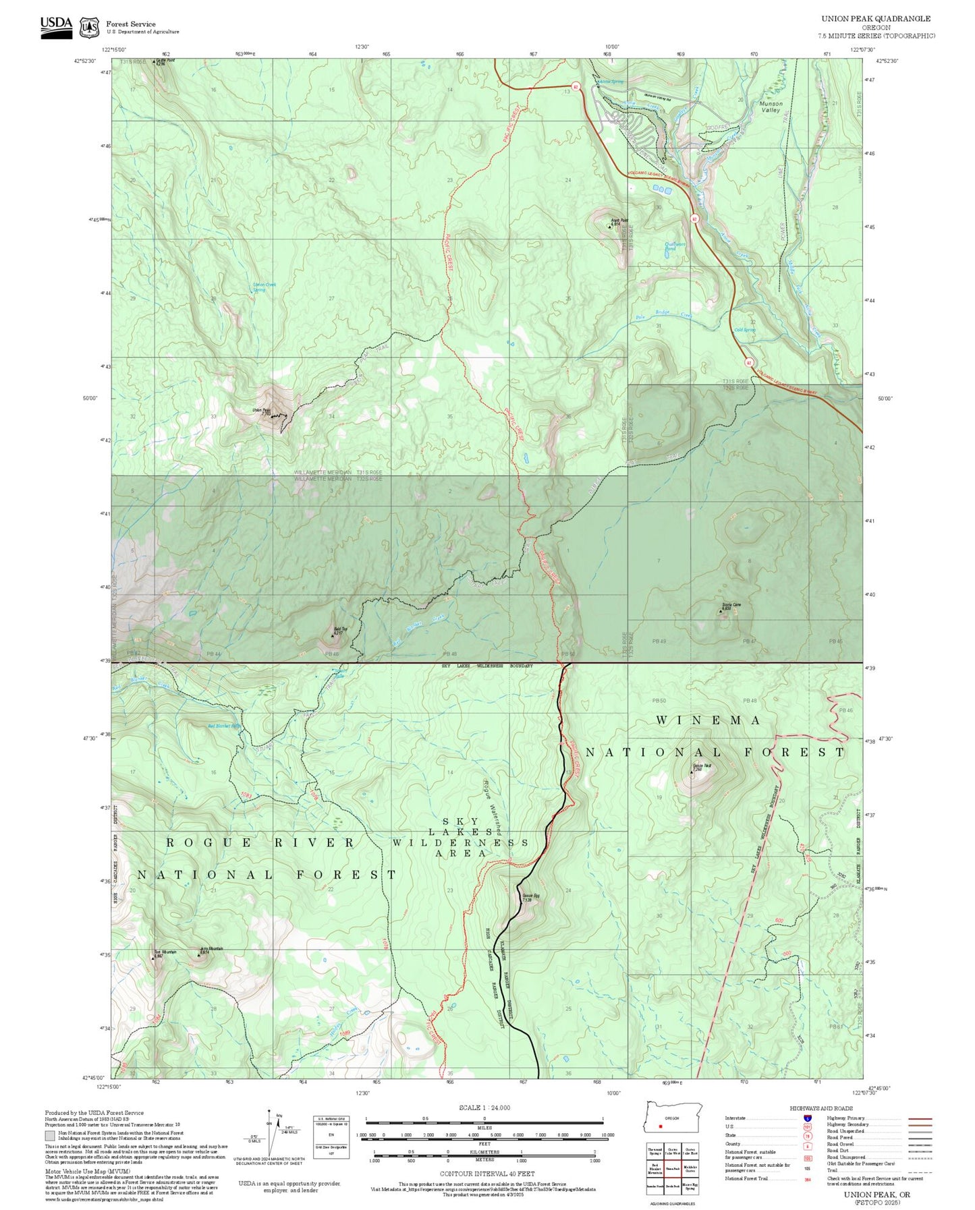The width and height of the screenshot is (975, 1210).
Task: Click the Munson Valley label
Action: click(771, 107)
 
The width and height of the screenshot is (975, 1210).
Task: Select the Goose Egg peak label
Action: click(530, 898)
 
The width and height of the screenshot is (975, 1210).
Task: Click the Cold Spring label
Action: click(744, 330)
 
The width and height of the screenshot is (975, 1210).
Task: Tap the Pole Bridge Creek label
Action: click(664, 314)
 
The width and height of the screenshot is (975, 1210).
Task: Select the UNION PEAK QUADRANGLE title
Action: click(875, 19)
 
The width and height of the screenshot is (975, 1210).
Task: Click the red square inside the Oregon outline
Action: click(661, 1126)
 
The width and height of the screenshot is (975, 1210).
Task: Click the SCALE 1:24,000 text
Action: click(484, 1107)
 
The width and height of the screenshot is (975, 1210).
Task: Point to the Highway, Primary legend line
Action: click(920, 1118)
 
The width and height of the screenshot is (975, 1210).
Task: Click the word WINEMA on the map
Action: click(708, 720)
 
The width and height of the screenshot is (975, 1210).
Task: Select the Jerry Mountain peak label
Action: click(211, 950)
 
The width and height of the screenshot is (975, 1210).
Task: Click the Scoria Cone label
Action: click(731, 606)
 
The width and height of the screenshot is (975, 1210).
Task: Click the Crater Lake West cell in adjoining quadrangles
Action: click(672, 1151)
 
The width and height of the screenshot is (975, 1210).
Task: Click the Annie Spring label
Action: click(611, 82)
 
